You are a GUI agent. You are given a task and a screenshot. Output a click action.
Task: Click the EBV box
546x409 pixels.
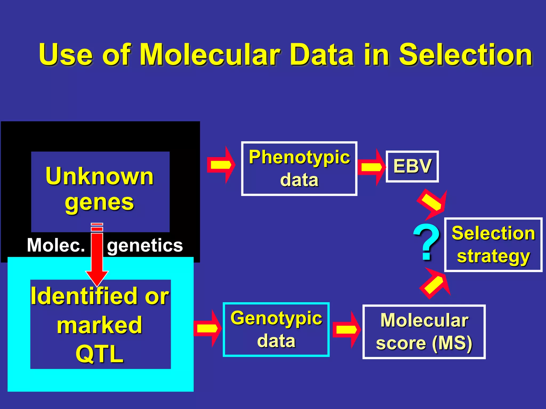coord(412,166)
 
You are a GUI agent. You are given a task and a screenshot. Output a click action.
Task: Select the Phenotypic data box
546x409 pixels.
coord(299,169)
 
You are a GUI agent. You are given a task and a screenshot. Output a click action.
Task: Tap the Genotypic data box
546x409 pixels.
coord(276,329)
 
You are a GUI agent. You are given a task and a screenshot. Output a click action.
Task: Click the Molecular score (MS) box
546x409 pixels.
coord(424,332)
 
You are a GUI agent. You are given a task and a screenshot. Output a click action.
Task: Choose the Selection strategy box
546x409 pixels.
coord(493,244)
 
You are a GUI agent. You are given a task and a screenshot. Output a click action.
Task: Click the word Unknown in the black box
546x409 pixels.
coord(100,176)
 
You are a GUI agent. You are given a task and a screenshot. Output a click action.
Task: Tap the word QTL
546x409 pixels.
coord(100,354)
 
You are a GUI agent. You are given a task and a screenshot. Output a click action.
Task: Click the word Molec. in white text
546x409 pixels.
coord(56,245)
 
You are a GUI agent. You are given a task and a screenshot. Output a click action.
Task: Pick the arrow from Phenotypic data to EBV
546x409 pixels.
coord(372,167)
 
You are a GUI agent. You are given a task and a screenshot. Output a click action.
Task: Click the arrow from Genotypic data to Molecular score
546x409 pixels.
coord(347,329)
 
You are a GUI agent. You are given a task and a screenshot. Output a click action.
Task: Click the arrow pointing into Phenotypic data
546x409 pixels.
coord(221,165)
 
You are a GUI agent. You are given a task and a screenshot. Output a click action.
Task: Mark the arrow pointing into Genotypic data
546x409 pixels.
coord(207,328)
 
